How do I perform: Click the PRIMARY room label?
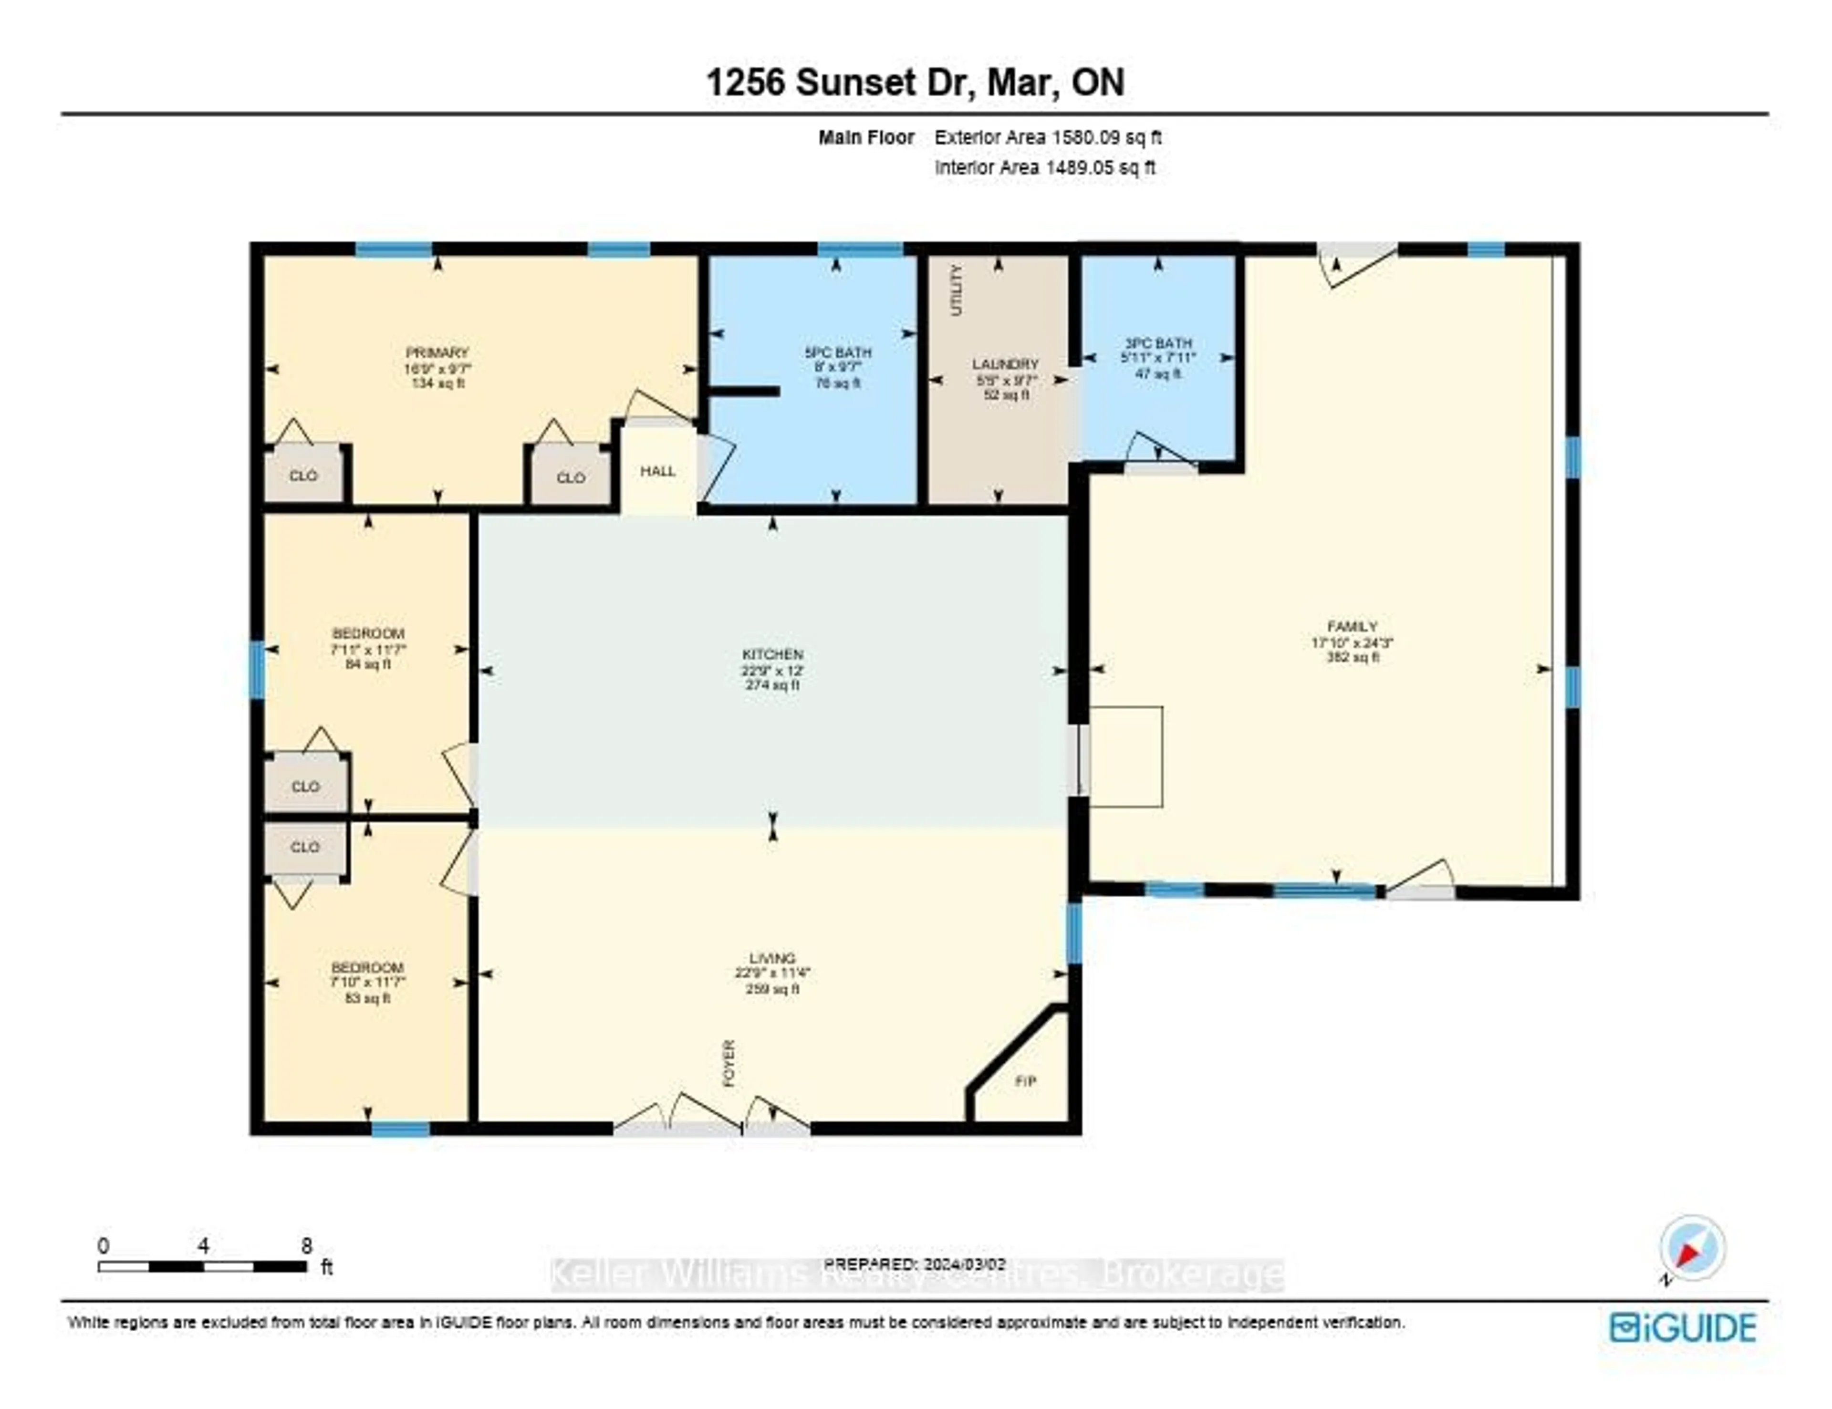(x=437, y=352)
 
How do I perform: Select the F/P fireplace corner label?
(x=1025, y=1081)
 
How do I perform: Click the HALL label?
(x=657, y=471)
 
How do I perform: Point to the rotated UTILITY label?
(x=956, y=290)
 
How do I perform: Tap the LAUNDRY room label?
(x=1005, y=364)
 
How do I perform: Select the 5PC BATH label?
(x=837, y=352)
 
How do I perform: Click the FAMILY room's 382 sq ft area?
(x=1352, y=658)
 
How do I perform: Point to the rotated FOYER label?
(x=729, y=1064)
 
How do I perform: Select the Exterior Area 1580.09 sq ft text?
(x=1048, y=137)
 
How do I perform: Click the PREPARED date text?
(x=914, y=1263)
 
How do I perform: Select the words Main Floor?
(x=866, y=137)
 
